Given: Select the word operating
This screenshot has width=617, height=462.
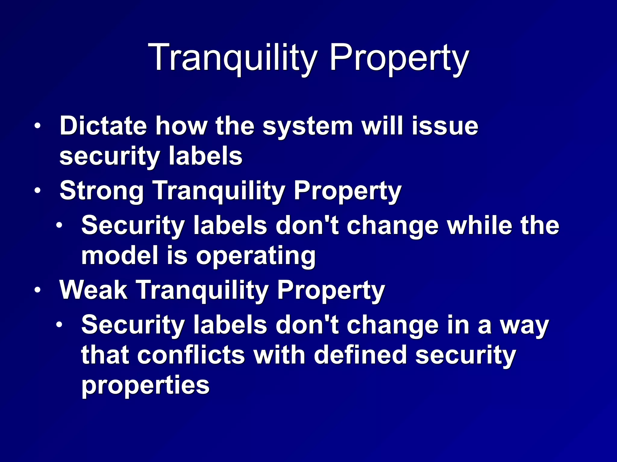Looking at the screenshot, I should tap(256, 256).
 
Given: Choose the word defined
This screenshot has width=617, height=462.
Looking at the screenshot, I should tap(360, 355).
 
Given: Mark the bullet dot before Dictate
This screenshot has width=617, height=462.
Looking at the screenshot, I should tap(37, 126).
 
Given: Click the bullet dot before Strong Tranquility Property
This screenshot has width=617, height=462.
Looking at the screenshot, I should tap(37, 191).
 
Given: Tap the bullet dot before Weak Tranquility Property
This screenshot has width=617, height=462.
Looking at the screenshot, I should tap(37, 290).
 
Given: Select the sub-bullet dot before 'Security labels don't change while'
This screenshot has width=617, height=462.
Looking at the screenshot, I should tap(59, 225).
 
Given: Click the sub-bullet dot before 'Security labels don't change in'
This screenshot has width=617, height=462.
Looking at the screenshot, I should tap(59, 325).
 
